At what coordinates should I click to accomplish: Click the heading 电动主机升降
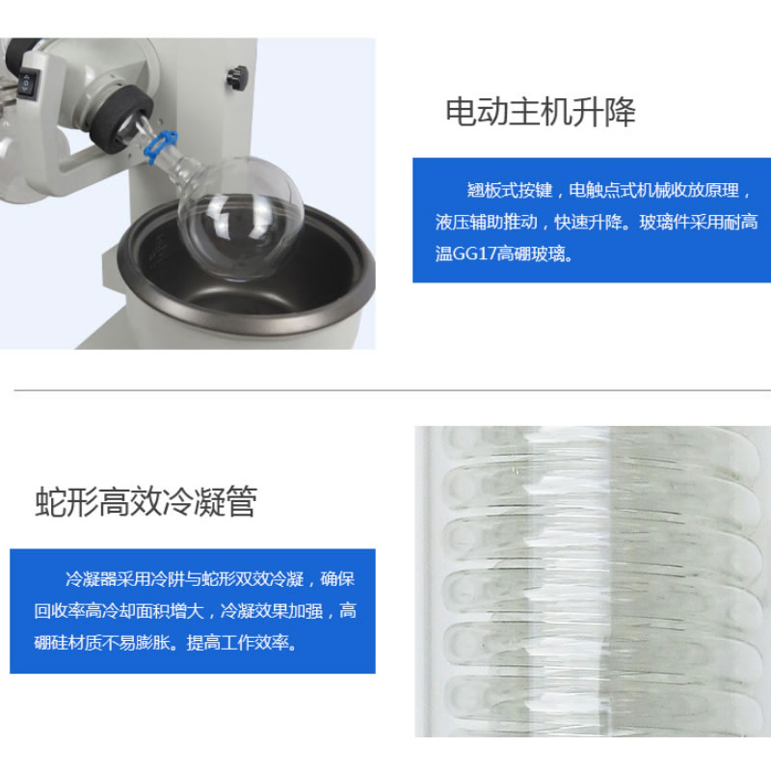(540, 113)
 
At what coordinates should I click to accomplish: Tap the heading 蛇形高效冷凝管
(146, 503)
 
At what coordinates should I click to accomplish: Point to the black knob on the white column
(233, 76)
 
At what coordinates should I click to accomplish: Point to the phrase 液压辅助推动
(488, 223)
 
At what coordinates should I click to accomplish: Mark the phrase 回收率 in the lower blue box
(60, 611)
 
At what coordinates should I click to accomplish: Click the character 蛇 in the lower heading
(50, 503)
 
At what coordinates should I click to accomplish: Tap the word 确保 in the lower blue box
(338, 579)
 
